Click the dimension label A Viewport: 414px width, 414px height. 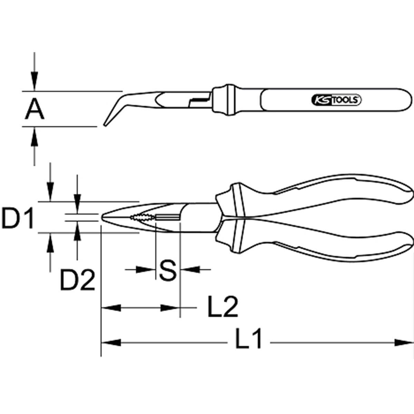34,109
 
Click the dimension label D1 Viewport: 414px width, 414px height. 17,218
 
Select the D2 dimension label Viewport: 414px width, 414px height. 77,280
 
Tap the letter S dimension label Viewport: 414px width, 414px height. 168,270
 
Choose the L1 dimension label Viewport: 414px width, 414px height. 248,341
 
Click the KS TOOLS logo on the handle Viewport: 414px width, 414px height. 336,100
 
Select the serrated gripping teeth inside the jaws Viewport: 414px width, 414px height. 142,217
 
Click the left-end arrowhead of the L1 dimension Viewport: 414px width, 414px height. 111,343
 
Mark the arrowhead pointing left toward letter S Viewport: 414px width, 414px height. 190,269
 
